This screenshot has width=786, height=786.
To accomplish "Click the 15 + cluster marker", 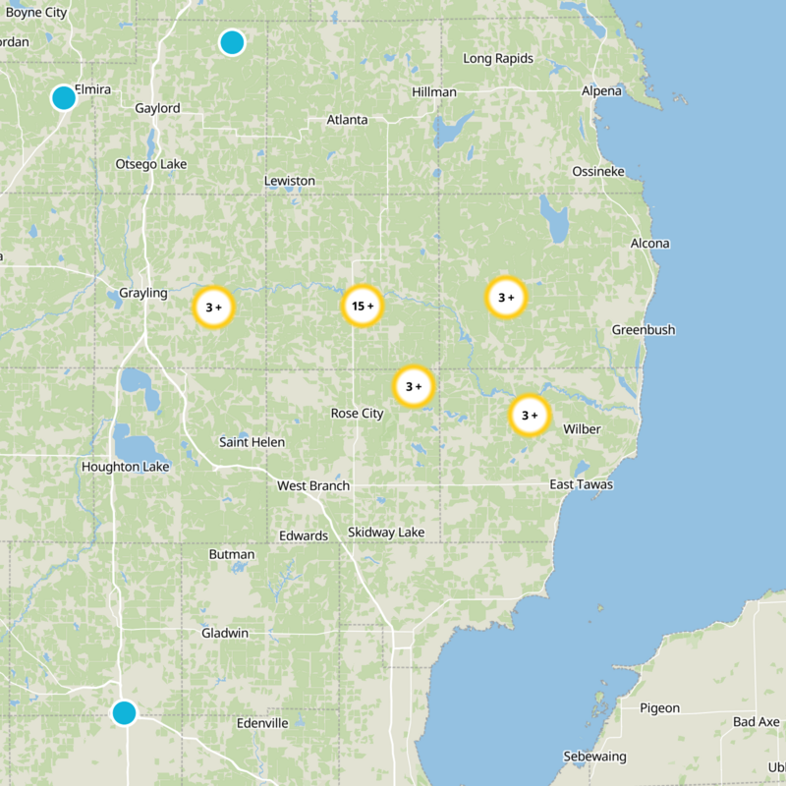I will pyautogui.click(x=362, y=307).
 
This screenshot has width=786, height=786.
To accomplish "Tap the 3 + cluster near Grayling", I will pyautogui.click(x=213, y=307).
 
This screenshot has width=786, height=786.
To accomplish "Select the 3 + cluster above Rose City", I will pyautogui.click(x=414, y=386).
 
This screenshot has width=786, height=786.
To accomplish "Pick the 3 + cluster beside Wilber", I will pyautogui.click(x=530, y=415).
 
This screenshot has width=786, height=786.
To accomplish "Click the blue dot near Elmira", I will pyautogui.click(x=64, y=97).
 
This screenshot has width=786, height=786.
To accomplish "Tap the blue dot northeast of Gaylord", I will pyautogui.click(x=232, y=42).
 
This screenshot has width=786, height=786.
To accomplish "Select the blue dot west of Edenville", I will pyautogui.click(x=124, y=712).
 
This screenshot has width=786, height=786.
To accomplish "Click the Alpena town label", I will pyautogui.click(x=601, y=91).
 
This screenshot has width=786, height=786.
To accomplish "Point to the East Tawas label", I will pyautogui.click(x=581, y=484).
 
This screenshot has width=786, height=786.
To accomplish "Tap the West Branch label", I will pyautogui.click(x=313, y=485).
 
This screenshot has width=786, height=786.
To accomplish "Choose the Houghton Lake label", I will pyautogui.click(x=126, y=467).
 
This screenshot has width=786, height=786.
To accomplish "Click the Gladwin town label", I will pyautogui.click(x=225, y=633).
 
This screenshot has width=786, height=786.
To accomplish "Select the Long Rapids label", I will pyautogui.click(x=498, y=59).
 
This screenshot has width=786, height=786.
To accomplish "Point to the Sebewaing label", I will pyautogui.click(x=592, y=757).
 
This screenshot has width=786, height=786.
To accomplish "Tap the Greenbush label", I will pyautogui.click(x=644, y=330).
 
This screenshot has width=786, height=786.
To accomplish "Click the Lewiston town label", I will pyautogui.click(x=290, y=181).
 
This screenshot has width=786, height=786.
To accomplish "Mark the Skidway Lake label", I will pyautogui.click(x=386, y=533).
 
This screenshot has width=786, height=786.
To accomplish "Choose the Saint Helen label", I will pyautogui.click(x=252, y=442).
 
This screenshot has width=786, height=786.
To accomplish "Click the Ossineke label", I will pyautogui.click(x=598, y=172).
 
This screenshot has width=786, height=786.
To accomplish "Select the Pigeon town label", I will pyautogui.click(x=659, y=707).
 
